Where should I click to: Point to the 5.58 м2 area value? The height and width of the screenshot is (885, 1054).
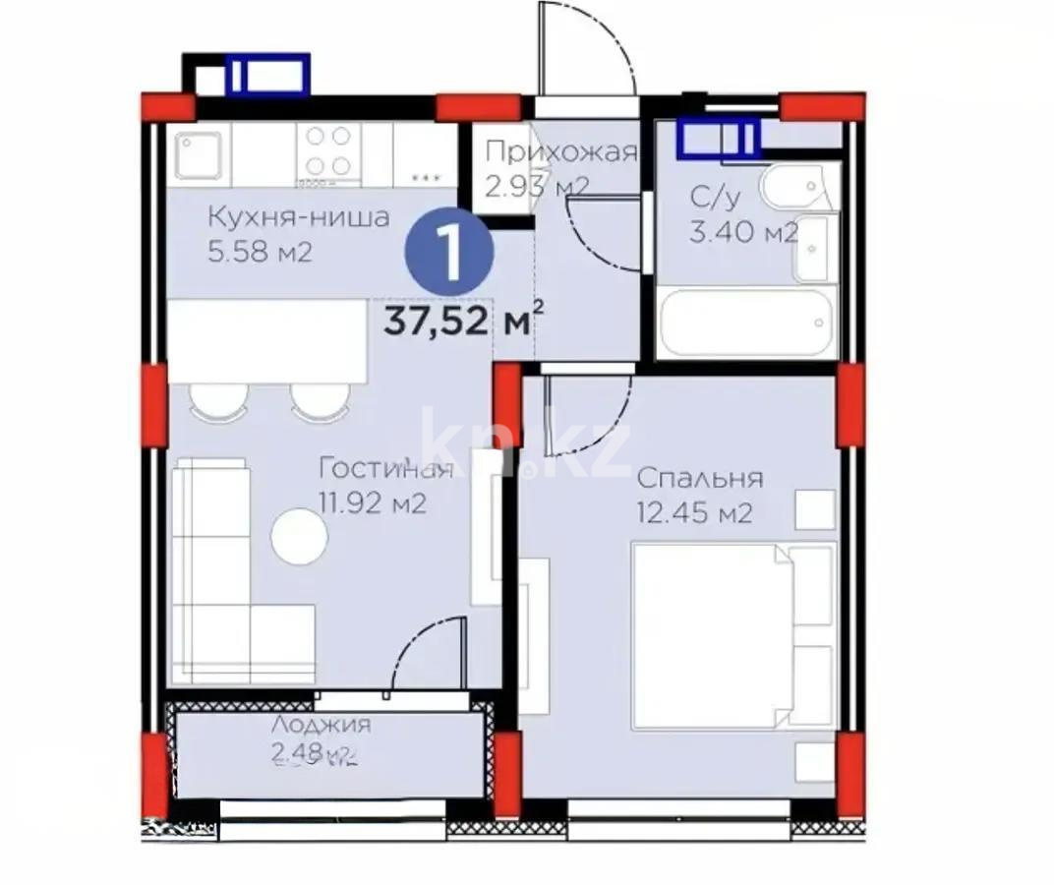click(x=260, y=252)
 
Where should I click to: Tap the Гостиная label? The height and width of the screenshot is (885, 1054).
click(x=386, y=468)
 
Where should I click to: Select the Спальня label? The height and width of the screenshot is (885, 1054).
click(x=699, y=478)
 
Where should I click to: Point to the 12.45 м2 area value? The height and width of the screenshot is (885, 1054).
click(x=694, y=512)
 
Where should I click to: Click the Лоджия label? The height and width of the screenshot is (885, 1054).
click(x=321, y=725)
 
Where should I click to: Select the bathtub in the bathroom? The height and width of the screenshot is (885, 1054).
click(x=746, y=323)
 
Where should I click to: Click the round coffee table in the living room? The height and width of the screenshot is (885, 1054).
click(x=299, y=536)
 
